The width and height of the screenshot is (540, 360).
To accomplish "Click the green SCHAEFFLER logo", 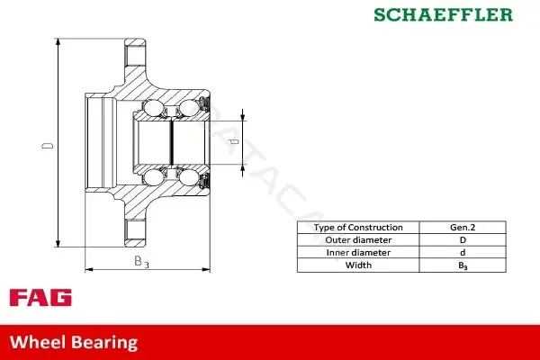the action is pos(443,14).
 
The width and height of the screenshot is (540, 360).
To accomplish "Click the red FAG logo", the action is pos(40,298).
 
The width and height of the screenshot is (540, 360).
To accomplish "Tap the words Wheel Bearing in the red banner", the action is pos(74,342).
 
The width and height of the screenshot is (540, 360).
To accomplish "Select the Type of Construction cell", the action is pos(358,228).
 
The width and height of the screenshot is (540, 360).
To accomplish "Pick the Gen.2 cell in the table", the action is pos(463,228).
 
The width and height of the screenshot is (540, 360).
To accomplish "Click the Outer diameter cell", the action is pos(358,240).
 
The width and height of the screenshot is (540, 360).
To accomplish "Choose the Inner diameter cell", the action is pos(358,253).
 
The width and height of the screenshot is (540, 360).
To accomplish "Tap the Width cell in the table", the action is pos(358,265).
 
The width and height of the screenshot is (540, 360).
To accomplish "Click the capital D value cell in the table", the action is pos(463,240).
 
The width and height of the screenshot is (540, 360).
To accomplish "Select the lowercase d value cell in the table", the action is pos(463,253).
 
